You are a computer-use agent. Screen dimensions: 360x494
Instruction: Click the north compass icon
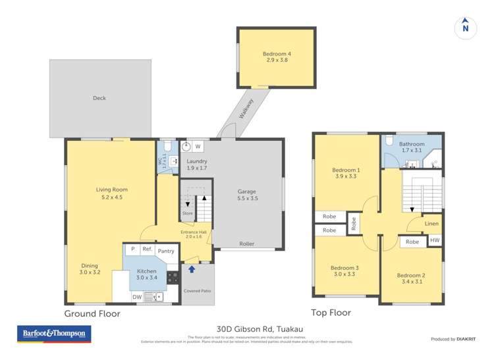tap(465, 27)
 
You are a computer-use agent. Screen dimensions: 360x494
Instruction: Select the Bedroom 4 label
tap(275, 56)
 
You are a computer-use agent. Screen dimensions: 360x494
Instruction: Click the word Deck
tap(99, 98)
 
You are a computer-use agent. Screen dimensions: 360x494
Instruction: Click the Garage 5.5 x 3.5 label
tap(247, 195)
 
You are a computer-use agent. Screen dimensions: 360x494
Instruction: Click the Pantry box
tap(166, 250)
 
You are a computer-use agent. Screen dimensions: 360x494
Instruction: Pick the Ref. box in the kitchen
tap(148, 250)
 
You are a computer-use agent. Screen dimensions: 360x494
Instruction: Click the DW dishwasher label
tap(136, 297)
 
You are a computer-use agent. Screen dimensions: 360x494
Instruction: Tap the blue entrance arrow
tap(192, 269)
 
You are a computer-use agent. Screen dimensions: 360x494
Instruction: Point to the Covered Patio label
tap(197, 290)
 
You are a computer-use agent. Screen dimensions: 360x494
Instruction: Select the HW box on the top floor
tap(434, 241)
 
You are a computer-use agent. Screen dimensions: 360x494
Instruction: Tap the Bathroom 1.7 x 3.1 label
tap(411, 147)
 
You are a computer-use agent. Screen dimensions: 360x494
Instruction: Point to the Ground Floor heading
tap(92, 314)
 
